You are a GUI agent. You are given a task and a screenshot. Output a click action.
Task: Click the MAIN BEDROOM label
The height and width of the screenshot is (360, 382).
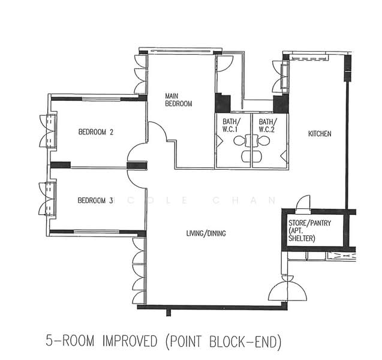click(179, 100)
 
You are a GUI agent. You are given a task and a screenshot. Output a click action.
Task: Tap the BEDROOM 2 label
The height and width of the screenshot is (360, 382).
click(96, 132)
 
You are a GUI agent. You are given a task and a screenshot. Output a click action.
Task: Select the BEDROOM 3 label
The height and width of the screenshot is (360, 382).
click(95, 200)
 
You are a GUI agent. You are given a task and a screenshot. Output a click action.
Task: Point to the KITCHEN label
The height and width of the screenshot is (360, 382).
click(320, 134)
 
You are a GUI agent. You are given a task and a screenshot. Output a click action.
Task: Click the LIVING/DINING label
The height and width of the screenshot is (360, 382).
click(206, 233)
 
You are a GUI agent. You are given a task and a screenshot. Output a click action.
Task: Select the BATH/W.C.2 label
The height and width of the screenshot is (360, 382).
click(267, 125)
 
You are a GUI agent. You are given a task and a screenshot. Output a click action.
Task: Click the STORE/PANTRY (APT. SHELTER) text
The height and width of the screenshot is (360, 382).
click(309, 230)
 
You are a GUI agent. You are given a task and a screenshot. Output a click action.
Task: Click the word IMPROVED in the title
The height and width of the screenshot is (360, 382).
click(130, 341)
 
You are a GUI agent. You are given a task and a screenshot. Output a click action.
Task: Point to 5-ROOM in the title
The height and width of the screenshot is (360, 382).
click(70, 341)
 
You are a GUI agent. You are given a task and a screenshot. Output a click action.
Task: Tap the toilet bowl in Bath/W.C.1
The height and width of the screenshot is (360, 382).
click(239, 140)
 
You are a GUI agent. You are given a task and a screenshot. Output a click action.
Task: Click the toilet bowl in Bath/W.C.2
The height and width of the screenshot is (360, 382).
click(264, 141)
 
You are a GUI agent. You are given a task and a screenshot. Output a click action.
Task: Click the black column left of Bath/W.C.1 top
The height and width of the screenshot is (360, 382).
click(222, 103)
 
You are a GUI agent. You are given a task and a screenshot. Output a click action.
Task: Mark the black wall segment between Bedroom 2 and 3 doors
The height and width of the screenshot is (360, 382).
click(137, 166)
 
